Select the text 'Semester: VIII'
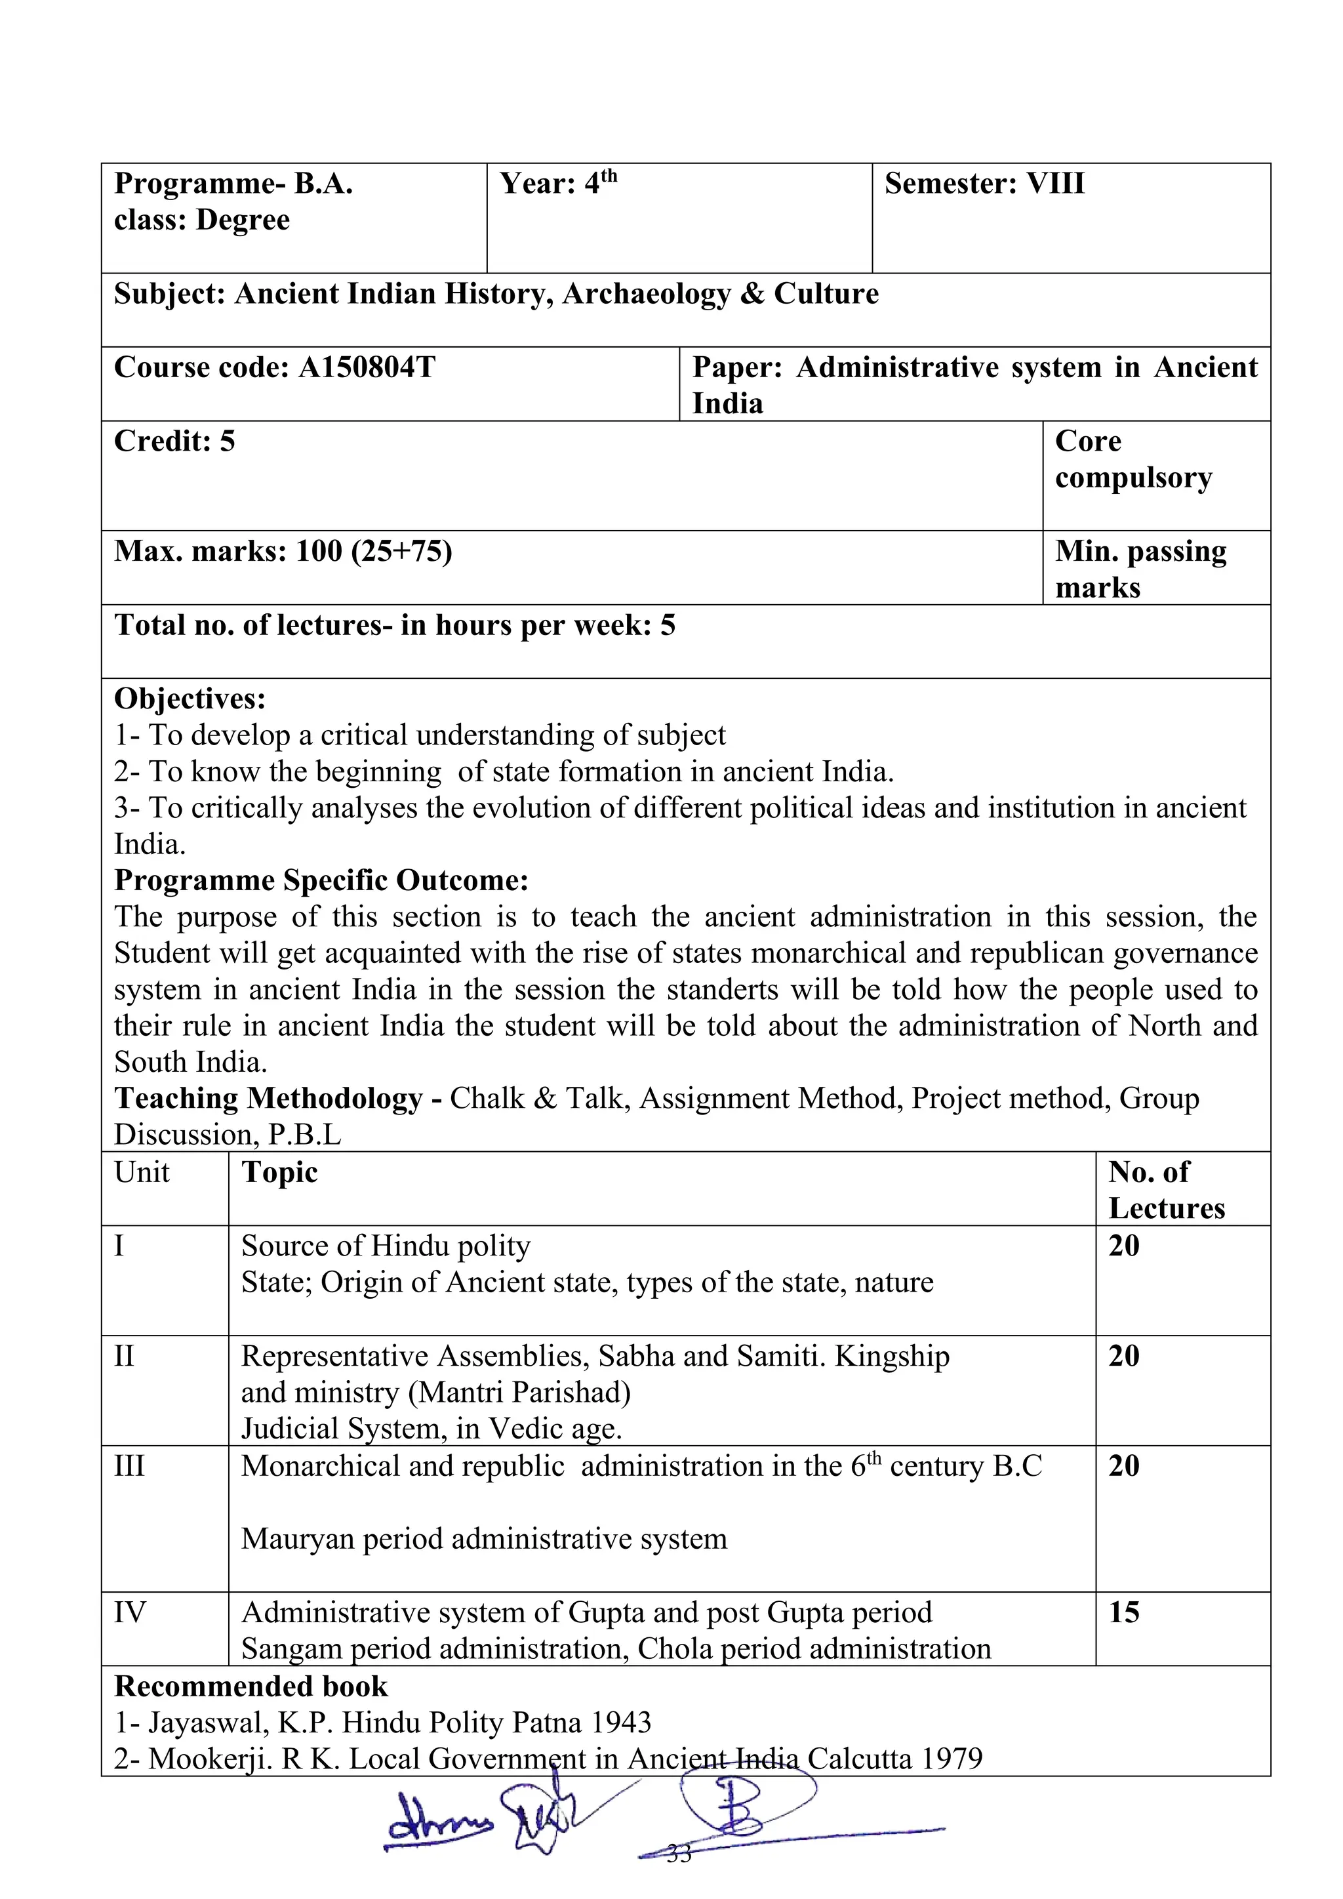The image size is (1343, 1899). click(984, 184)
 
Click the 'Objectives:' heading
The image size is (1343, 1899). click(190, 699)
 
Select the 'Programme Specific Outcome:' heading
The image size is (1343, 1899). click(321, 880)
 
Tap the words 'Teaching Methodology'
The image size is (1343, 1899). click(269, 1098)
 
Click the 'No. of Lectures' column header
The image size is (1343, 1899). click(1166, 1189)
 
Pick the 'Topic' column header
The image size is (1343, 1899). click(279, 1172)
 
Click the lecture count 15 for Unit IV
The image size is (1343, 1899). click(1124, 1611)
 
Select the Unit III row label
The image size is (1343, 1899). click(130, 1465)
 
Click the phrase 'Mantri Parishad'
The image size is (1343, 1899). click(519, 1392)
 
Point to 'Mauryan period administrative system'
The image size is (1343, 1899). click(484, 1538)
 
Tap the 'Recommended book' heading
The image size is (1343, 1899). click(251, 1686)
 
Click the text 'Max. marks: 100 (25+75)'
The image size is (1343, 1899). click(283, 551)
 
